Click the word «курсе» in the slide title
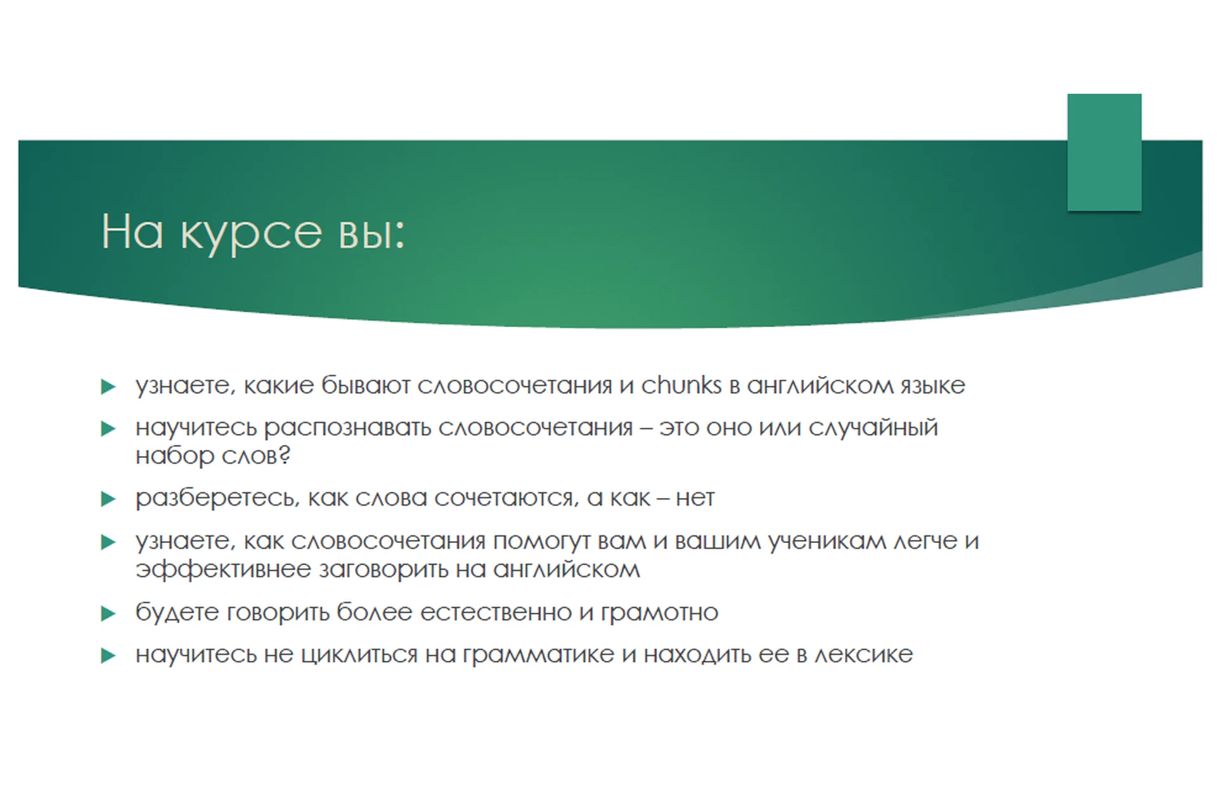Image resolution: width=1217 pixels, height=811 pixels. click(x=251, y=233)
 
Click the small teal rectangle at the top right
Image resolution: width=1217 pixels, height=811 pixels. click(x=1104, y=152)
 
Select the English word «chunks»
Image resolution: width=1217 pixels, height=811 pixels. click(x=681, y=385)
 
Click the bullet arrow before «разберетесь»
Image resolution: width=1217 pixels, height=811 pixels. click(x=108, y=499)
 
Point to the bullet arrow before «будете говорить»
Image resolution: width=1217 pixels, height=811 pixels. click(x=108, y=613)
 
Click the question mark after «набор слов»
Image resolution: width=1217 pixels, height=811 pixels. click(x=285, y=456)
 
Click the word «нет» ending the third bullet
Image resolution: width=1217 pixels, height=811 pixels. click(x=695, y=499)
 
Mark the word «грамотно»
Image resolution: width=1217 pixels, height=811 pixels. click(x=659, y=613)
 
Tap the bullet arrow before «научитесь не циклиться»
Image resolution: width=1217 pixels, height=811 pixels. click(x=108, y=655)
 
